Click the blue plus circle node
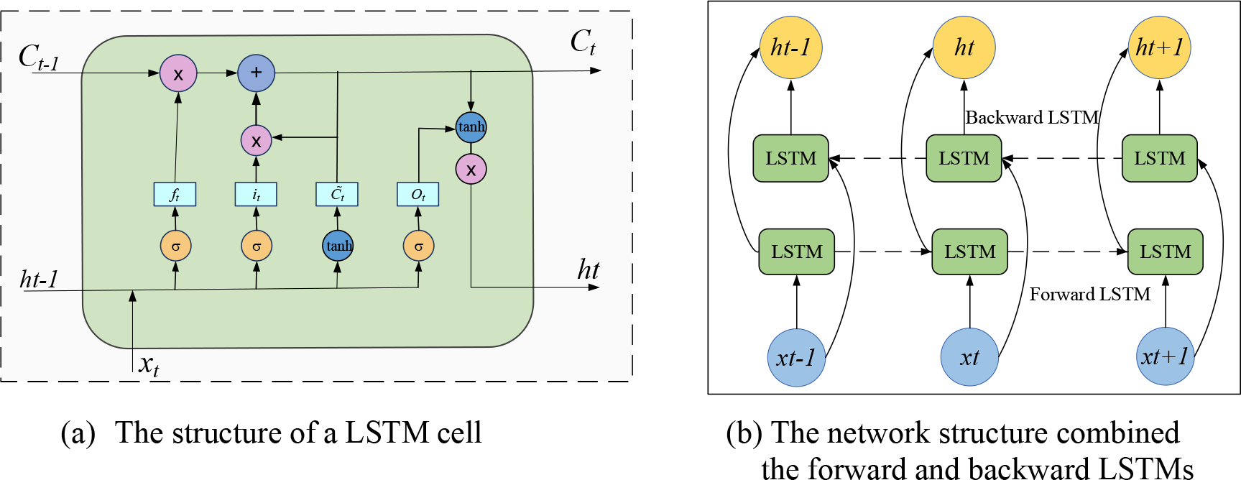tap(256, 73)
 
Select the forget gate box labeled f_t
tap(175, 194)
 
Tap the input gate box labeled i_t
tap(256, 194)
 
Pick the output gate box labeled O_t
tap(417, 194)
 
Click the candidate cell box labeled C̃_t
tap(337, 194)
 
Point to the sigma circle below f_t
tap(175, 246)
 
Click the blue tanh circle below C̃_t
tap(338, 246)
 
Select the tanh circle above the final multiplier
tap(471, 127)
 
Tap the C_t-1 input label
tap(38, 57)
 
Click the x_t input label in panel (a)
tap(149, 365)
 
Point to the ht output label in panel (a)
tap(588, 270)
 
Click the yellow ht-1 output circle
tap(790, 47)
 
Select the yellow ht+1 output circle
tap(1159, 47)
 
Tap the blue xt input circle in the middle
tap(969, 357)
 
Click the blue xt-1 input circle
tap(796, 357)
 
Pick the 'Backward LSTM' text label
tap(1032, 117)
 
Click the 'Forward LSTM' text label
tap(1089, 294)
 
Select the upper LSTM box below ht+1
tap(1159, 158)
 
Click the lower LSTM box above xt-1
tap(796, 251)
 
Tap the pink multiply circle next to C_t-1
tap(177, 73)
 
